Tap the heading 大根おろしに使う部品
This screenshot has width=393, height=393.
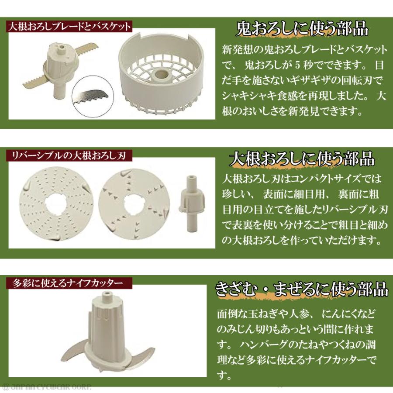point(301,159)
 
